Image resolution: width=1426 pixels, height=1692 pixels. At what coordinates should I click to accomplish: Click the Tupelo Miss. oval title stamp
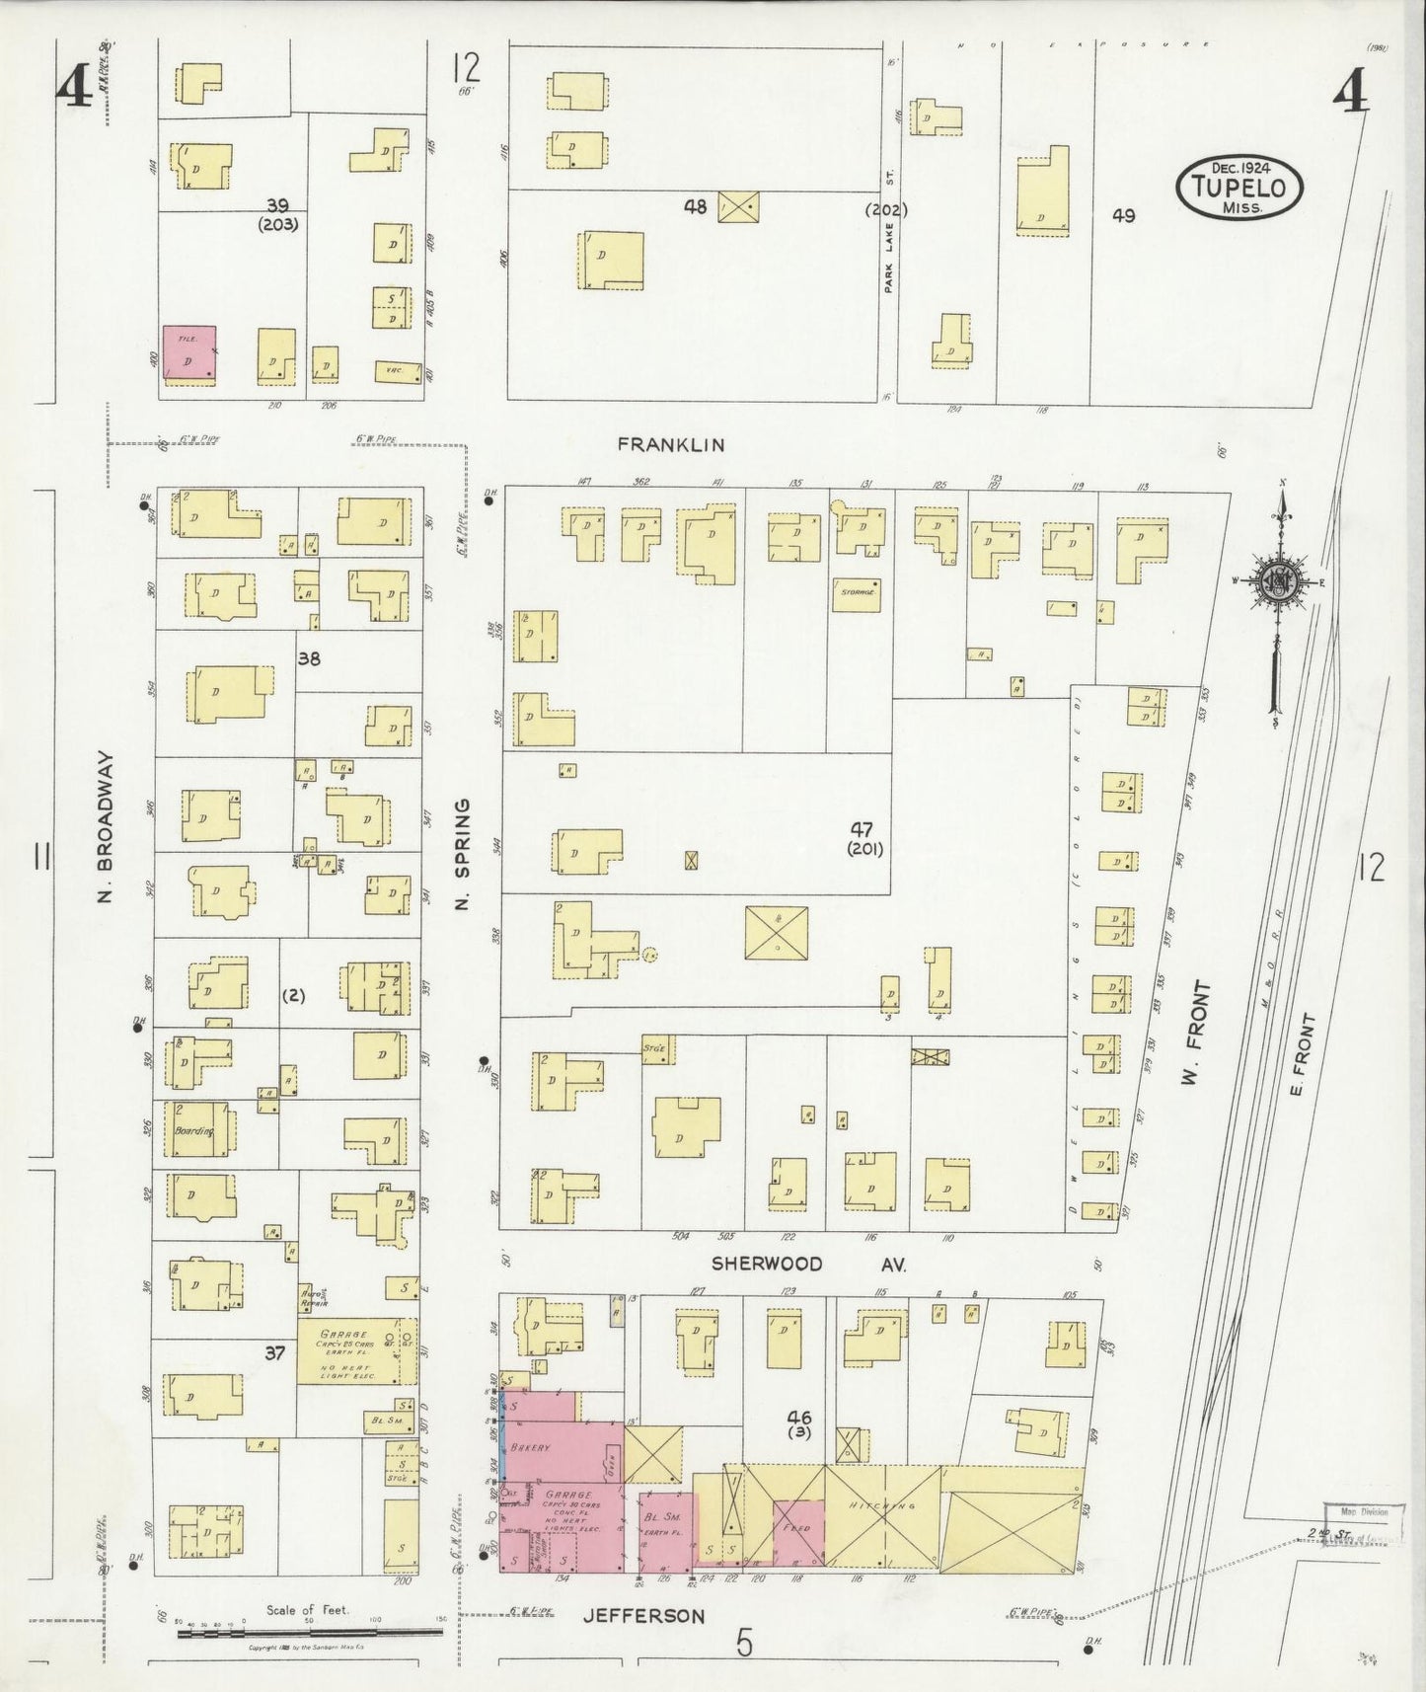(x=1238, y=186)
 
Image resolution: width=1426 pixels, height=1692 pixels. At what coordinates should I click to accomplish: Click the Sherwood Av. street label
(x=809, y=1264)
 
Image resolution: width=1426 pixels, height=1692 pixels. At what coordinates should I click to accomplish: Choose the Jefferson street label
(x=643, y=1616)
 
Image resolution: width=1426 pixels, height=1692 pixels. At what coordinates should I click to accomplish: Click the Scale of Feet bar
(x=309, y=1634)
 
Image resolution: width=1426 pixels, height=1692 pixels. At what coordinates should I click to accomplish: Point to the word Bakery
(x=531, y=1447)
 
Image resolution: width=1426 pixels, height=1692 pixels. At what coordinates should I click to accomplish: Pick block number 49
(x=1123, y=215)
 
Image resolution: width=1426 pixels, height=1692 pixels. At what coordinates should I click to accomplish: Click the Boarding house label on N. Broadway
(x=194, y=1130)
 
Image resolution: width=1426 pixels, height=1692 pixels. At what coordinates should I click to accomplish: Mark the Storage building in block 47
(x=856, y=594)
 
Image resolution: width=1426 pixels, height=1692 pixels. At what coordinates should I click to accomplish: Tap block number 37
(x=274, y=1353)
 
